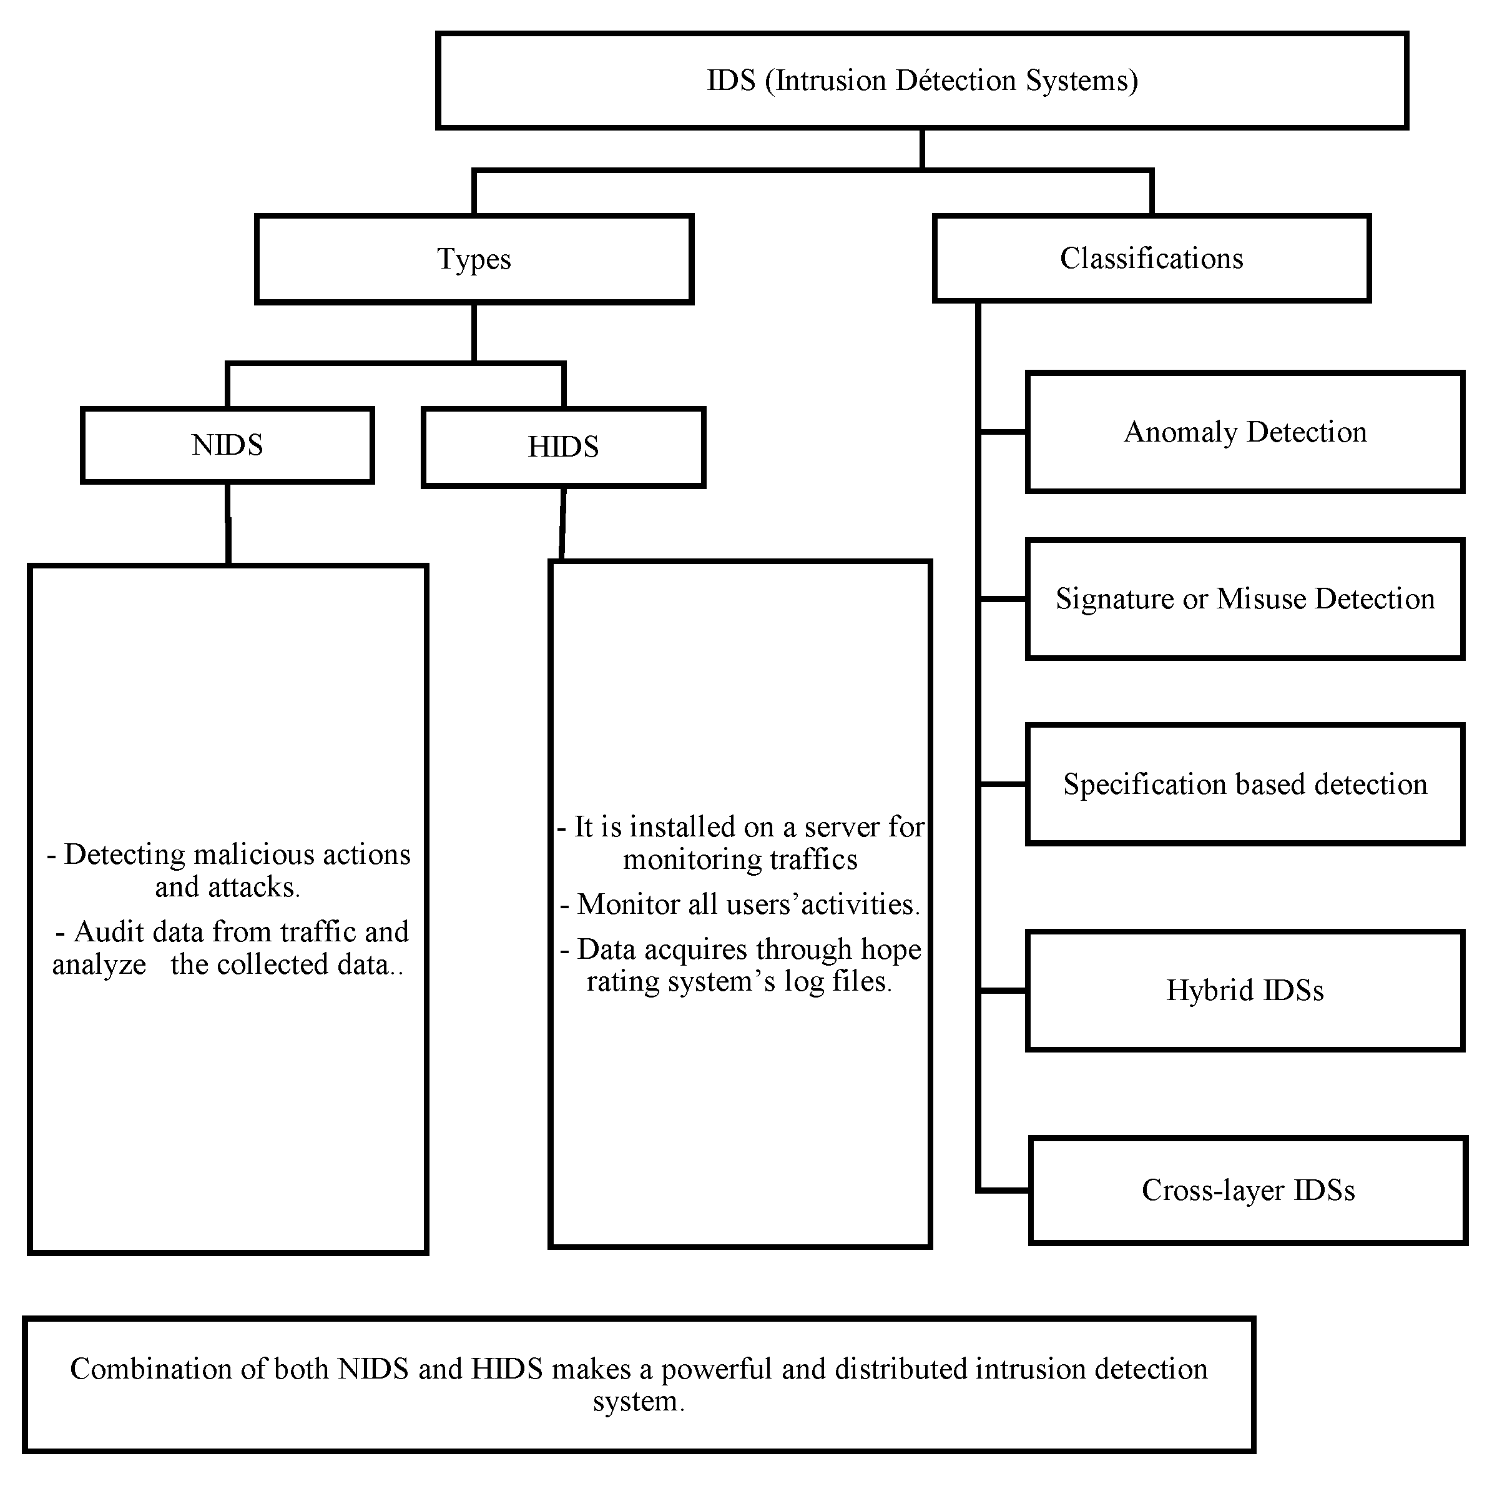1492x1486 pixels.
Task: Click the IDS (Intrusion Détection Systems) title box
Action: (x=921, y=81)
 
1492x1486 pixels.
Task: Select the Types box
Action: (x=474, y=259)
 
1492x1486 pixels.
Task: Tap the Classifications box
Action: (x=1151, y=258)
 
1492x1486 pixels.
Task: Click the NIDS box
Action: (x=227, y=445)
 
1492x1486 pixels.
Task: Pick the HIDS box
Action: (x=563, y=447)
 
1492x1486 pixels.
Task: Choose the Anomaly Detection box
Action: (x=1244, y=432)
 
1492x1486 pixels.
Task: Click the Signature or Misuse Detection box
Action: (x=1244, y=599)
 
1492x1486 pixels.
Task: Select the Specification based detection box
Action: (x=1244, y=785)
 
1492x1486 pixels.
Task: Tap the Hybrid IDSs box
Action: (x=1244, y=991)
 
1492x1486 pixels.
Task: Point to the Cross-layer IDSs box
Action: (x=1247, y=1190)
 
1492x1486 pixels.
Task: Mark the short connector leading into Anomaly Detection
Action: (x=1003, y=432)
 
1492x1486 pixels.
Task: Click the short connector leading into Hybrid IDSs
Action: (x=1003, y=991)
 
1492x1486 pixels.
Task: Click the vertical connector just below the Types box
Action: (x=474, y=332)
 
